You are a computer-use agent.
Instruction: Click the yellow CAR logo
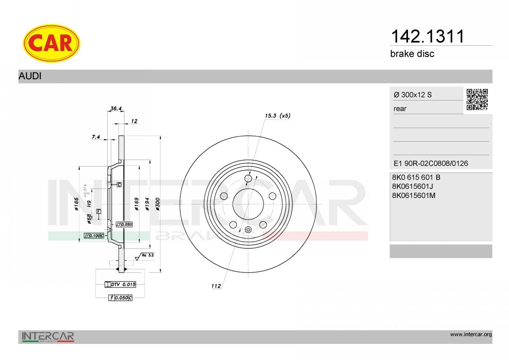(51, 43)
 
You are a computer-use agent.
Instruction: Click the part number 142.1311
(428, 36)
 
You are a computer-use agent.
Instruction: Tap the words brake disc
(412, 54)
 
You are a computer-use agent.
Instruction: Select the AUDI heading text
(30, 76)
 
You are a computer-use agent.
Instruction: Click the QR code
(477, 100)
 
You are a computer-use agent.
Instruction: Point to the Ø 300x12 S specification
(413, 95)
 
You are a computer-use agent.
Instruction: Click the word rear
(400, 109)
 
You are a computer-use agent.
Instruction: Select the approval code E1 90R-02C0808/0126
(431, 163)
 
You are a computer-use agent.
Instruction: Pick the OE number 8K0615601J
(412, 187)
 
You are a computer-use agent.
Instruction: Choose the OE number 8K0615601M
(414, 195)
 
